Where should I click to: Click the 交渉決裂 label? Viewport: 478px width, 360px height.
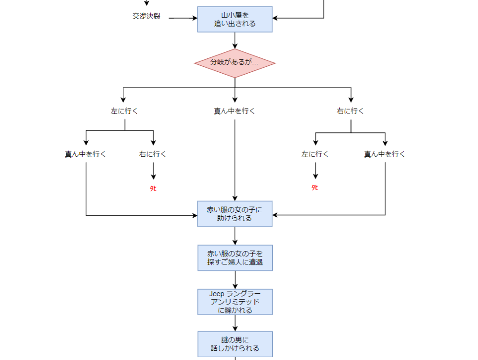pos(146,16)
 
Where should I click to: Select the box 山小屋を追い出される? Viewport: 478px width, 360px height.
pos(235,19)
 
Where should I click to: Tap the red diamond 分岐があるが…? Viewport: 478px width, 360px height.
pos(235,62)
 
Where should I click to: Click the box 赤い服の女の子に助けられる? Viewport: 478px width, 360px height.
pos(235,214)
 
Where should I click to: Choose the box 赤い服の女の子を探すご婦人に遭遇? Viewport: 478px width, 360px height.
pos(235,258)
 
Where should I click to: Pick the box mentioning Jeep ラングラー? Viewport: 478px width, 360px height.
pos(235,302)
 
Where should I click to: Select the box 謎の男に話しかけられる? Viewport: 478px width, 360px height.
pos(235,344)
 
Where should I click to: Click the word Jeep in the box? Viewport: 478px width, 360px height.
pos(217,293)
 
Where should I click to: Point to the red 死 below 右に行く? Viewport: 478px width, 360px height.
pos(153,188)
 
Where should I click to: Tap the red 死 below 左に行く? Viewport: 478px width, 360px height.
pos(315,187)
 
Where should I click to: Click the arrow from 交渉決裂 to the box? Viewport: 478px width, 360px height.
pos(183,18)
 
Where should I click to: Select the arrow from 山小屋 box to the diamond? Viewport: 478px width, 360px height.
pos(235,41)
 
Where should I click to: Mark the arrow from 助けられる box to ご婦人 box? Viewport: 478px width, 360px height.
pos(235,236)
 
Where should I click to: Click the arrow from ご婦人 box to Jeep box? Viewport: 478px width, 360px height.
pos(235,280)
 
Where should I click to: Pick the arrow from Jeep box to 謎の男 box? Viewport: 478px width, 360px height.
pos(235,323)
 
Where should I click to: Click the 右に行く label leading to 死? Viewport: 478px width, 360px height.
pos(153,154)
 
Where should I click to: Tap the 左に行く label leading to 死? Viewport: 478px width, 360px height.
pos(315,154)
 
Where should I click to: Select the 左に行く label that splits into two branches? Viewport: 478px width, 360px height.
pos(125,111)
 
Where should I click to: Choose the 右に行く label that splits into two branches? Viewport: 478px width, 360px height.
pos(351,111)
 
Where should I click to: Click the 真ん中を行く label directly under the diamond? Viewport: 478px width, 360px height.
pos(234,111)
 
